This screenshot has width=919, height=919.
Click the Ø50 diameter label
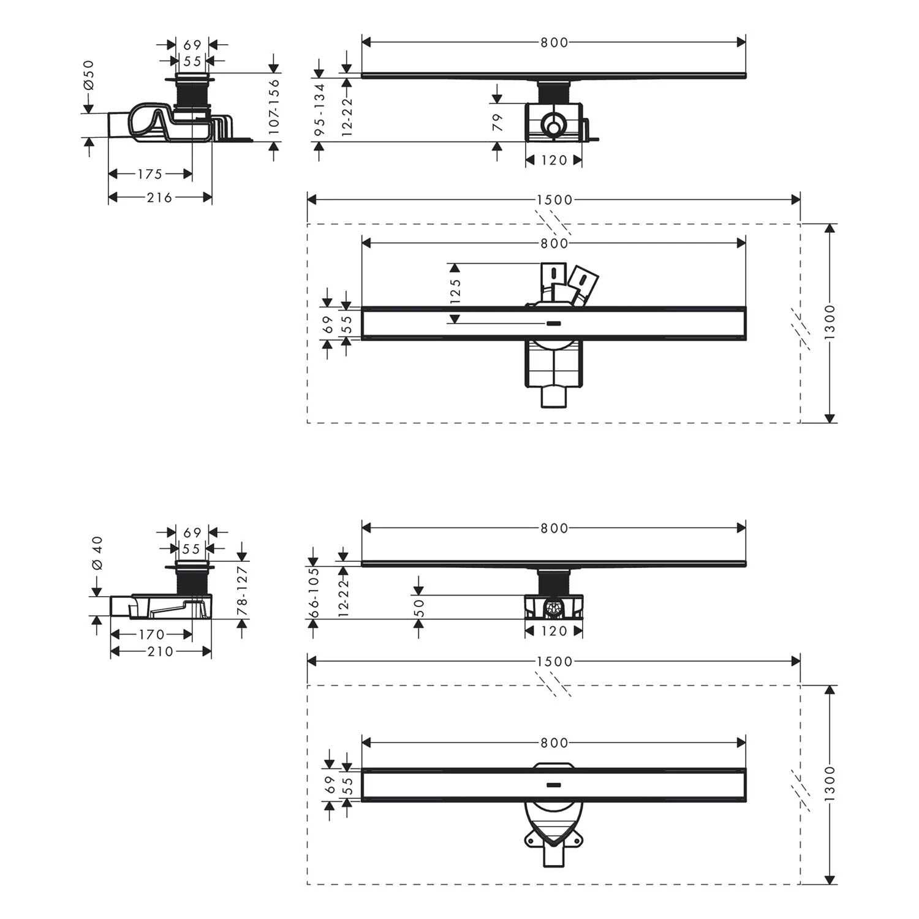89,75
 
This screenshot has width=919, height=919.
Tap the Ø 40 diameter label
97,554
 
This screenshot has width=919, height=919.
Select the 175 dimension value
149,174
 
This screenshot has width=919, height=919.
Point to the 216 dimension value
159,197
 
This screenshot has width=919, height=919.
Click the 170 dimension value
151,635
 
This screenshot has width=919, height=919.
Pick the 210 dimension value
161,651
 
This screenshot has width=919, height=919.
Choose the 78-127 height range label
243,591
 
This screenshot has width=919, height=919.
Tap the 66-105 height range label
313,592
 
